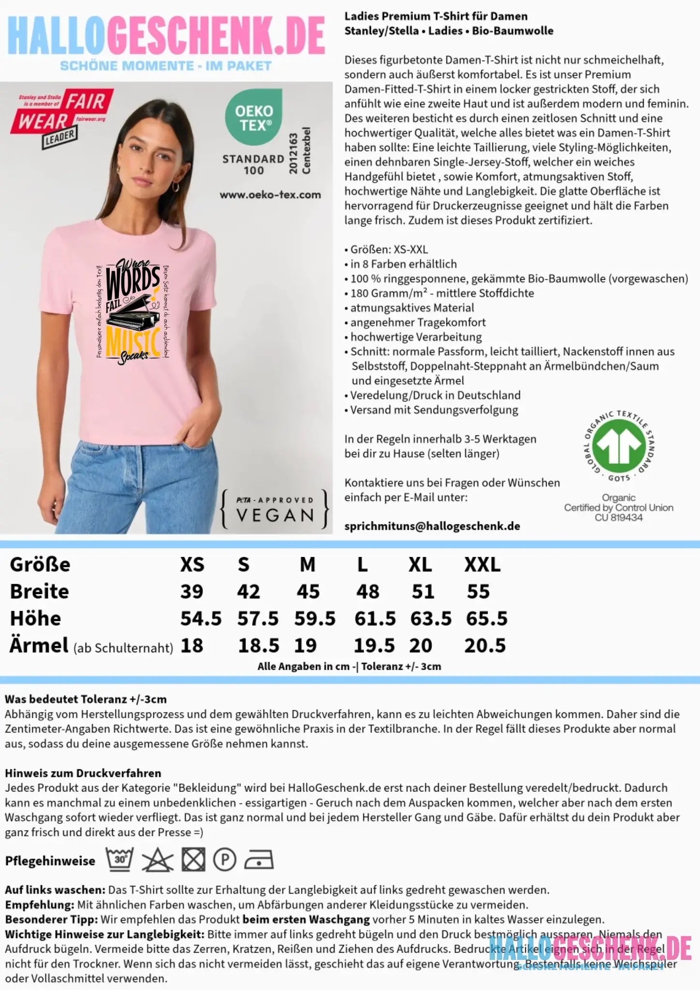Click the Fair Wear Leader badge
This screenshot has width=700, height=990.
(x=61, y=116)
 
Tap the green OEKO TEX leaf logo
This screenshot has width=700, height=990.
(x=254, y=117)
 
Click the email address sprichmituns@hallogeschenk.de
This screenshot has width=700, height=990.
(x=432, y=526)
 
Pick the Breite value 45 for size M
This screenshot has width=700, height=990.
(x=308, y=592)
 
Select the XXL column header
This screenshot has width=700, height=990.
(x=482, y=565)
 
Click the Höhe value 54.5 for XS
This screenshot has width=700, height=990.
(x=201, y=619)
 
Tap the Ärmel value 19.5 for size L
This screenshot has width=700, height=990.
(x=374, y=646)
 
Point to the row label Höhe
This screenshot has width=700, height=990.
(x=35, y=619)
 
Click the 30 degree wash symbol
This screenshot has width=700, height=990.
(x=120, y=859)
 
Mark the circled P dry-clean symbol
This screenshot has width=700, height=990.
(x=225, y=860)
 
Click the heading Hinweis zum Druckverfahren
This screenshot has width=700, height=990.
(x=83, y=773)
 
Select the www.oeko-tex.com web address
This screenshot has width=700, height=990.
(x=270, y=195)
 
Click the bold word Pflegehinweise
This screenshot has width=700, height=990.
(x=50, y=861)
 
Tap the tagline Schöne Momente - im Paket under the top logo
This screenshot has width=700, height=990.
(x=165, y=66)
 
